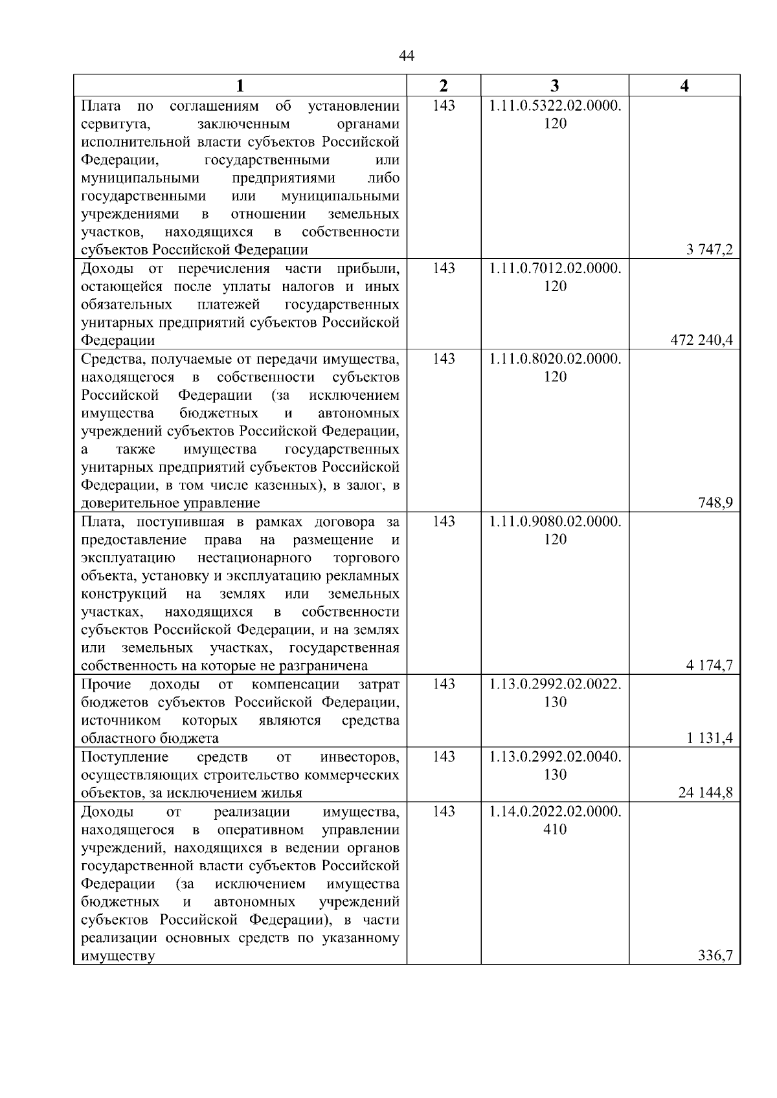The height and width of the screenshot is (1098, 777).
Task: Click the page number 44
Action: pos(407,56)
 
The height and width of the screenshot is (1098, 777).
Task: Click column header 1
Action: pos(240,85)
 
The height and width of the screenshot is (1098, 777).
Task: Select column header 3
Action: pos(555,85)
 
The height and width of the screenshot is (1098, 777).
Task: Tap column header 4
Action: pos(684,85)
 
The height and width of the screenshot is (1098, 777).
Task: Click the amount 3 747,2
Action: pos(710,250)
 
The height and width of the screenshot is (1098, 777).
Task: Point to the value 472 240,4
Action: pos(702,340)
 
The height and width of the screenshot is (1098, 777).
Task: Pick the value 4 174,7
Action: pos(710,666)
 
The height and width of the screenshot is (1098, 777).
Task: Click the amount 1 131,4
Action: pos(710,738)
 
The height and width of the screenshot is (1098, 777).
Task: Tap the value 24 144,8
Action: pos(705,793)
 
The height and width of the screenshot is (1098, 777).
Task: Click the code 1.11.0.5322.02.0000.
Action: pos(555,105)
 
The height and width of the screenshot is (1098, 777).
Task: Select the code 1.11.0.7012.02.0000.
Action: pos(555,269)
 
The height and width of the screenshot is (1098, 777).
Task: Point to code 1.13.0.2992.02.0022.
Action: pos(555,685)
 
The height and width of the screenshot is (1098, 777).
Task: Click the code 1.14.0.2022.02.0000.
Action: pos(555,811)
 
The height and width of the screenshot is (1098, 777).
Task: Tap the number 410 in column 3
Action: pos(555,829)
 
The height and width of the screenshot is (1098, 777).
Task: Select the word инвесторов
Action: pos(359,757)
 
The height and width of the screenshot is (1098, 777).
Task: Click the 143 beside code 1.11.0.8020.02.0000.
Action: pos(444,358)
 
